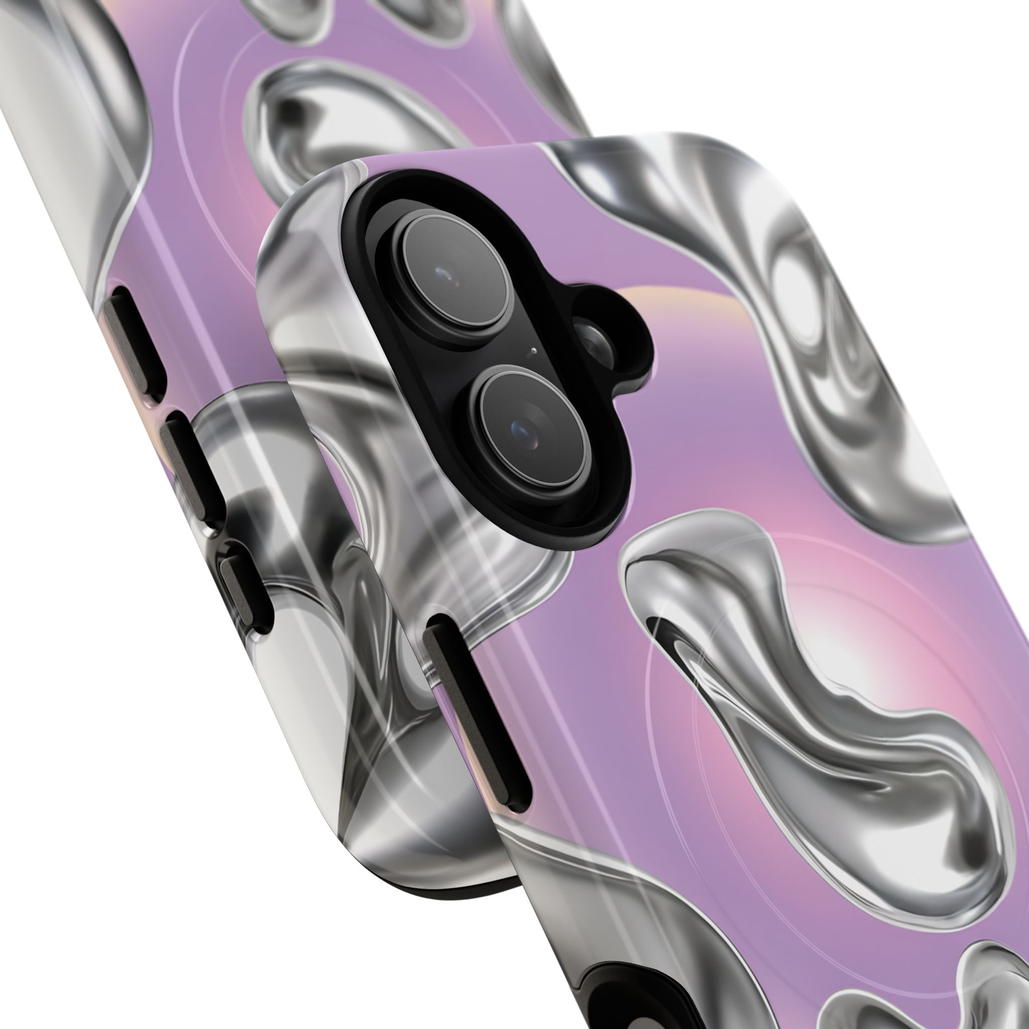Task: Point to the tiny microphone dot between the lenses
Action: point(534,352)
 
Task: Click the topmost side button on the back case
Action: point(132,341)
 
